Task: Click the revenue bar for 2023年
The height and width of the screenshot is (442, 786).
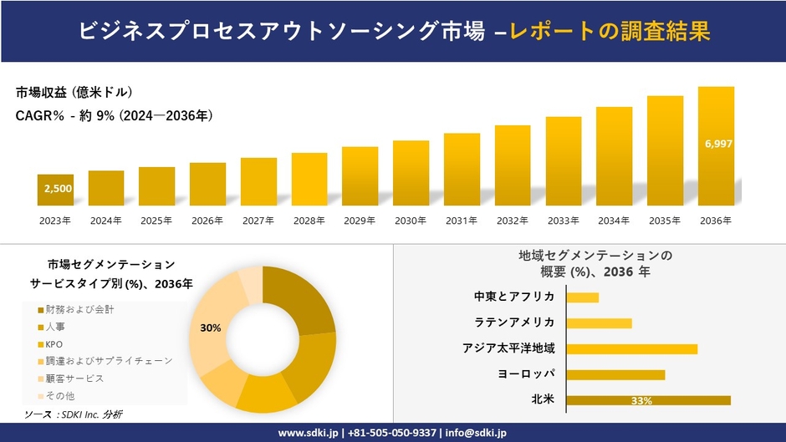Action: pos(55,190)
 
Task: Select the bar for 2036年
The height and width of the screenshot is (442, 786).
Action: pos(716,146)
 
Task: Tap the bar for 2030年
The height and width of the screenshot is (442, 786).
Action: pos(411,173)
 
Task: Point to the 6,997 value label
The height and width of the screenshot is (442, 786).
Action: pos(718,144)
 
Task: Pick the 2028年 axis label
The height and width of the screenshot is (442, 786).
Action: pos(309,221)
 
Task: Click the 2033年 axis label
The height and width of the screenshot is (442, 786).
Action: pos(563,221)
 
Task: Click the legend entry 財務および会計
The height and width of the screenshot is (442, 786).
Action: pos(79,309)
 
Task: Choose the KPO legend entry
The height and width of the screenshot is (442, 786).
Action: pos(54,343)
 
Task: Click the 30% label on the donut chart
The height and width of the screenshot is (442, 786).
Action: pos(211,328)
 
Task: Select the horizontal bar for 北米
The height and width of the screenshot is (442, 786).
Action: pos(648,400)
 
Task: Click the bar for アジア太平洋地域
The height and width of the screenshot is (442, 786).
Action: pos(631,348)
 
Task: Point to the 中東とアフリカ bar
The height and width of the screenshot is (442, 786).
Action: pos(582,297)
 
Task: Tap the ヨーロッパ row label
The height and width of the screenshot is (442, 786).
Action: pos(526,373)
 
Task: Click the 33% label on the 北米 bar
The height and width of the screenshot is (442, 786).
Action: pos(641,401)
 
